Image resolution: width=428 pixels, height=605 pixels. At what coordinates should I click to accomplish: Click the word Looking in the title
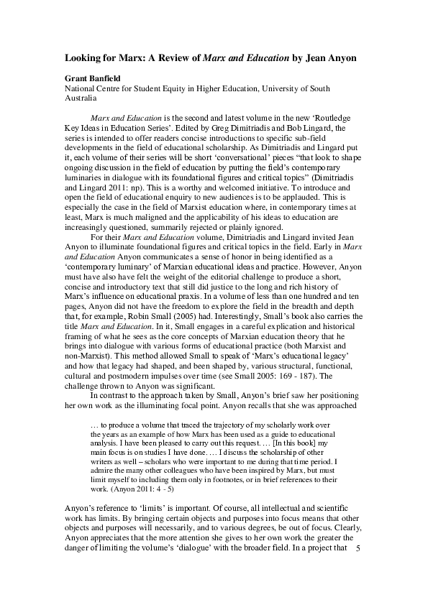pos(76,55)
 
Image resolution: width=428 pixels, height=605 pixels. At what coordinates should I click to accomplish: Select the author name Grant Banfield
pos(84,78)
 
